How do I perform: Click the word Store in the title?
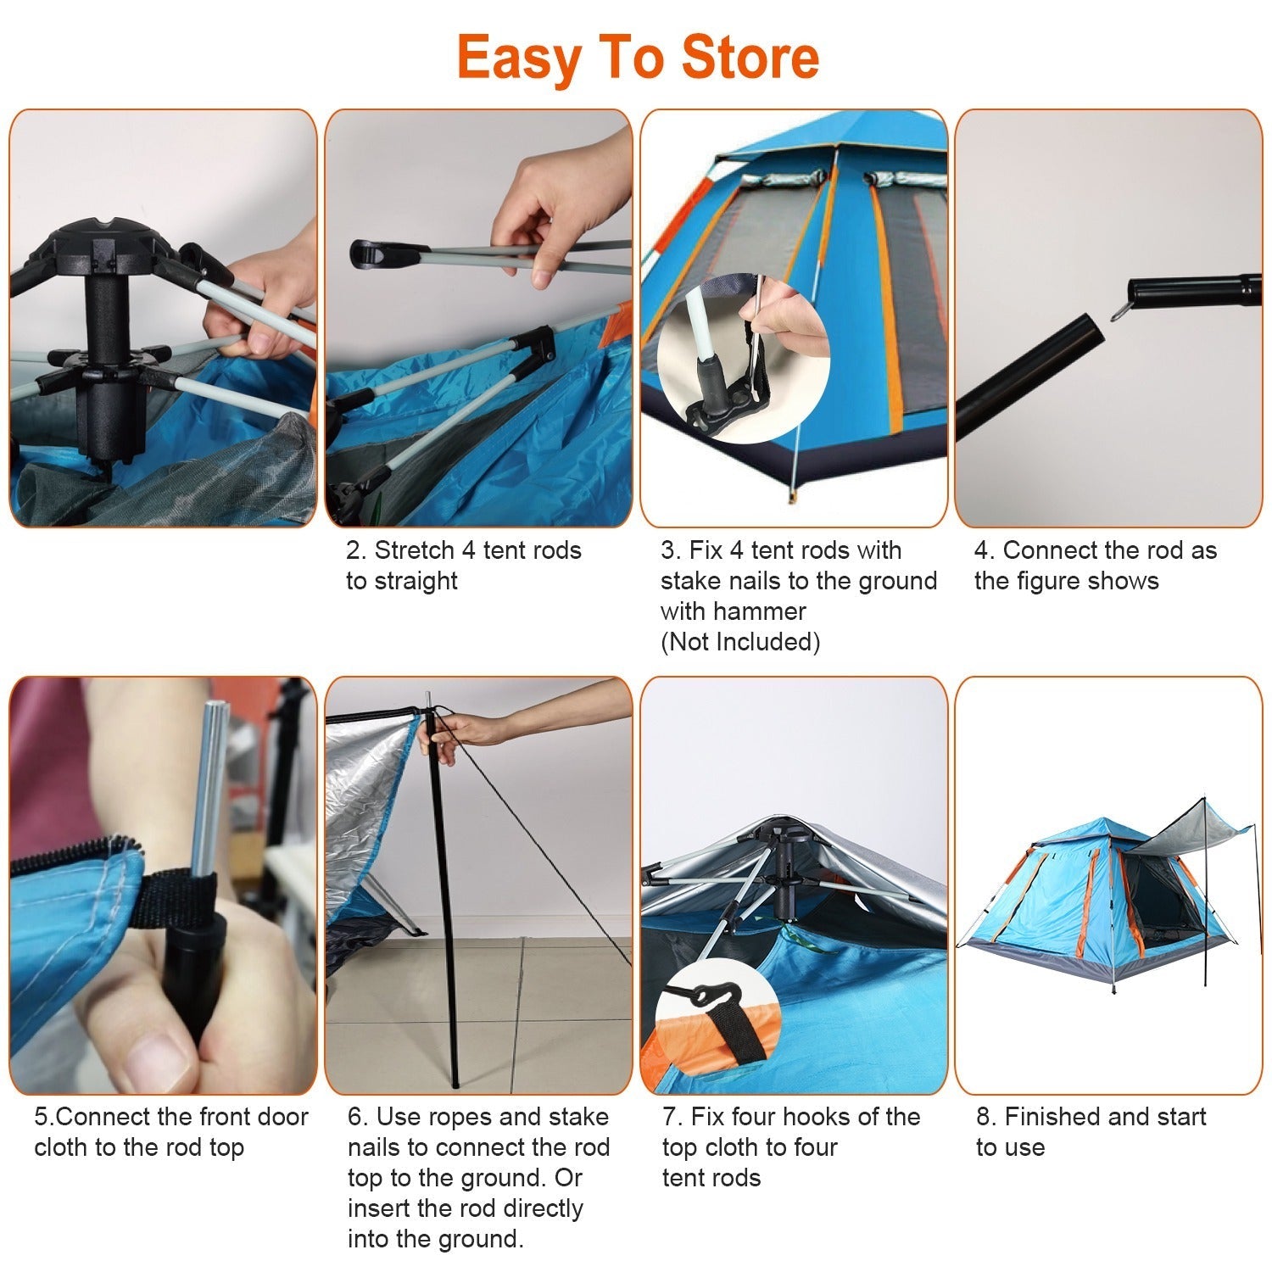pos(750,58)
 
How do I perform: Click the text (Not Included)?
pos(740,642)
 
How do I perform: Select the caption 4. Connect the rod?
pos(1095,550)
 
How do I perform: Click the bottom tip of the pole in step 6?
pos(455,1084)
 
